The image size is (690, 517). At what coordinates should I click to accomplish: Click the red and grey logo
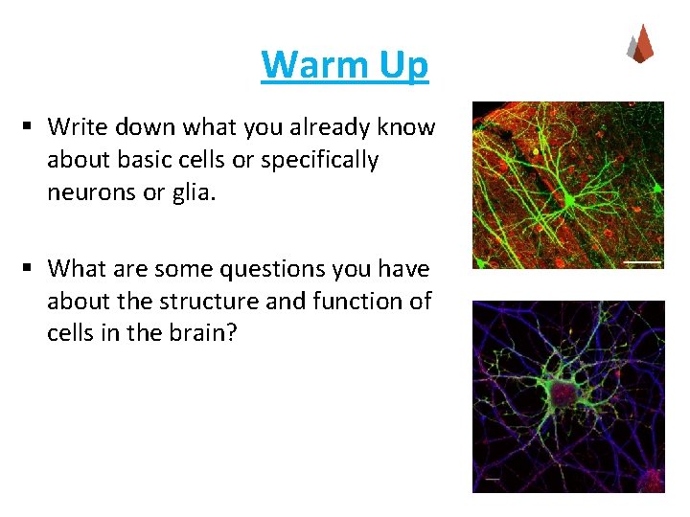pyautogui.click(x=639, y=44)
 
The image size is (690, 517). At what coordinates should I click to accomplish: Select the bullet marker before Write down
pyautogui.click(x=31, y=126)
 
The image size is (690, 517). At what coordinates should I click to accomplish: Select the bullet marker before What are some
pyautogui.click(x=31, y=268)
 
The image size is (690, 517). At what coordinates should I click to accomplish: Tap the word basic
pyautogui.click(x=135, y=160)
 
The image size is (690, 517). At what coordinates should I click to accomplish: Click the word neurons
pyautogui.click(x=88, y=192)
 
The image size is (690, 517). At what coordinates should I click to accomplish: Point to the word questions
pyautogui.click(x=273, y=268)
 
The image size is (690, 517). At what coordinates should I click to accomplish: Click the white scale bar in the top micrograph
pyautogui.click(x=642, y=261)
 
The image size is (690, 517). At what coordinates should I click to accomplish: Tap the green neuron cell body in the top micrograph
pyautogui.click(x=569, y=200)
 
